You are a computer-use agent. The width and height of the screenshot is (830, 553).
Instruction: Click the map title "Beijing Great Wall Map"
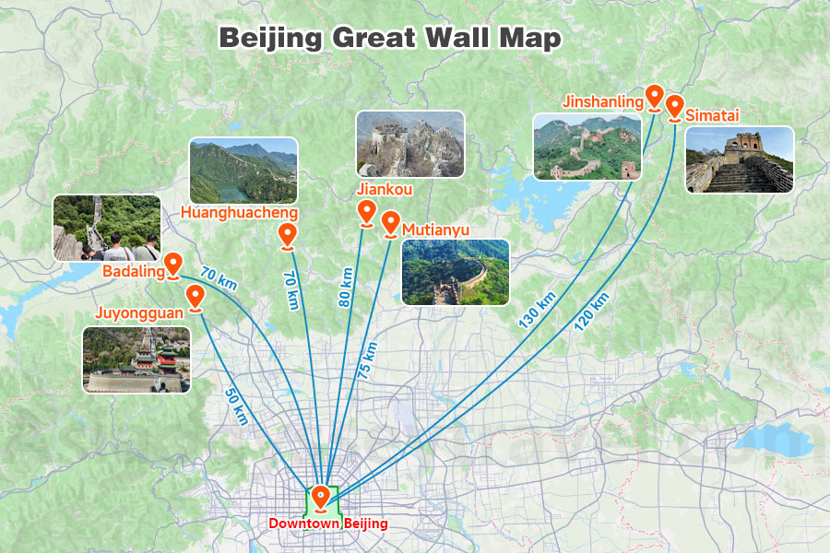point(388,38)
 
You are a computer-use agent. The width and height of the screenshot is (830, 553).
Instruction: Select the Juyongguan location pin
point(196,296)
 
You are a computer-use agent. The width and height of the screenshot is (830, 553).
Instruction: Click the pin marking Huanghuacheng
point(288,236)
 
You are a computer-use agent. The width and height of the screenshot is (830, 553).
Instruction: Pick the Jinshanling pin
point(654,96)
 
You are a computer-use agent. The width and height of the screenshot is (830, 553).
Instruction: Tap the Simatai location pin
point(674,106)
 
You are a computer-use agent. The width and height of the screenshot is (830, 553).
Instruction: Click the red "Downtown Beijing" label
point(327,524)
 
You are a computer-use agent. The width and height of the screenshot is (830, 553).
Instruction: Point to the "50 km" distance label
point(236,404)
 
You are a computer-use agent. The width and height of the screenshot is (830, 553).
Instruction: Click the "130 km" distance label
point(537,309)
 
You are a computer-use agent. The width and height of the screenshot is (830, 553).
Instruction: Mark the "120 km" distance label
point(590,311)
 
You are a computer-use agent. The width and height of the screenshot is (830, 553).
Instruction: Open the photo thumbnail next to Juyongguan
point(136,359)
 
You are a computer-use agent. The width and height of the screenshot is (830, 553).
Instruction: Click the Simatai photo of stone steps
point(740,159)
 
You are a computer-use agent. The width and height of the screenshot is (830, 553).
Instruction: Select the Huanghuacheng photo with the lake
point(243,171)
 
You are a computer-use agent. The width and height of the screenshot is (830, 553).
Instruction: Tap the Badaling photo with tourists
point(107,228)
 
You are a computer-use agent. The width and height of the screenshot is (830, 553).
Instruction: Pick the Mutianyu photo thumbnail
point(456,272)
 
